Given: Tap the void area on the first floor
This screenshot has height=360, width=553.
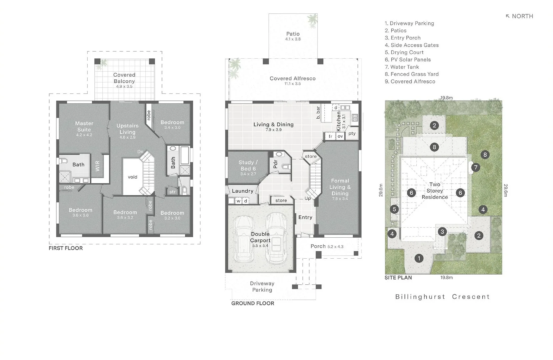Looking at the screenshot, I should coord(132,177).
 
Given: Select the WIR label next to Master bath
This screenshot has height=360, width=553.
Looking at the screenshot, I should coord(97,166).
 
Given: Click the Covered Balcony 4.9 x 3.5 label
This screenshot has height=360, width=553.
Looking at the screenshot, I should coord(124,80).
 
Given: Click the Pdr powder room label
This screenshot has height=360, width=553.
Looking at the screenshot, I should coord(275,164).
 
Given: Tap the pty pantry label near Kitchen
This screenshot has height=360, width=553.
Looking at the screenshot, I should coord(352,133).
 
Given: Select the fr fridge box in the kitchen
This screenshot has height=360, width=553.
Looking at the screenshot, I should coord(330,136).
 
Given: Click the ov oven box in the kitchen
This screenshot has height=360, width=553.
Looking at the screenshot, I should coord(340,136).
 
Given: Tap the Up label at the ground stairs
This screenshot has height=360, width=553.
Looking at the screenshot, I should coord(308,198).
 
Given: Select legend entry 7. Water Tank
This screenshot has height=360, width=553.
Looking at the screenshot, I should coord(402,67).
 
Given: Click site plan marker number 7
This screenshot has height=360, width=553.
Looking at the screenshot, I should coord(475,167).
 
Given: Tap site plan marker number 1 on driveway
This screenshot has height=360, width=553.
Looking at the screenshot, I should coord(419,258).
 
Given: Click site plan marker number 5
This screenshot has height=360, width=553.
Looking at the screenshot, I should coord(394,209).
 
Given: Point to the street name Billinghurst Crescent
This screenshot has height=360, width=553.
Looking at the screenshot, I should coord(442,297).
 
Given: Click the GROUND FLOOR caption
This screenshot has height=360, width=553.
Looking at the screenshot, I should coord(252,303).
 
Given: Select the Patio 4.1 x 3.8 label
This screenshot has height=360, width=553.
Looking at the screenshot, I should coord(293,36).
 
